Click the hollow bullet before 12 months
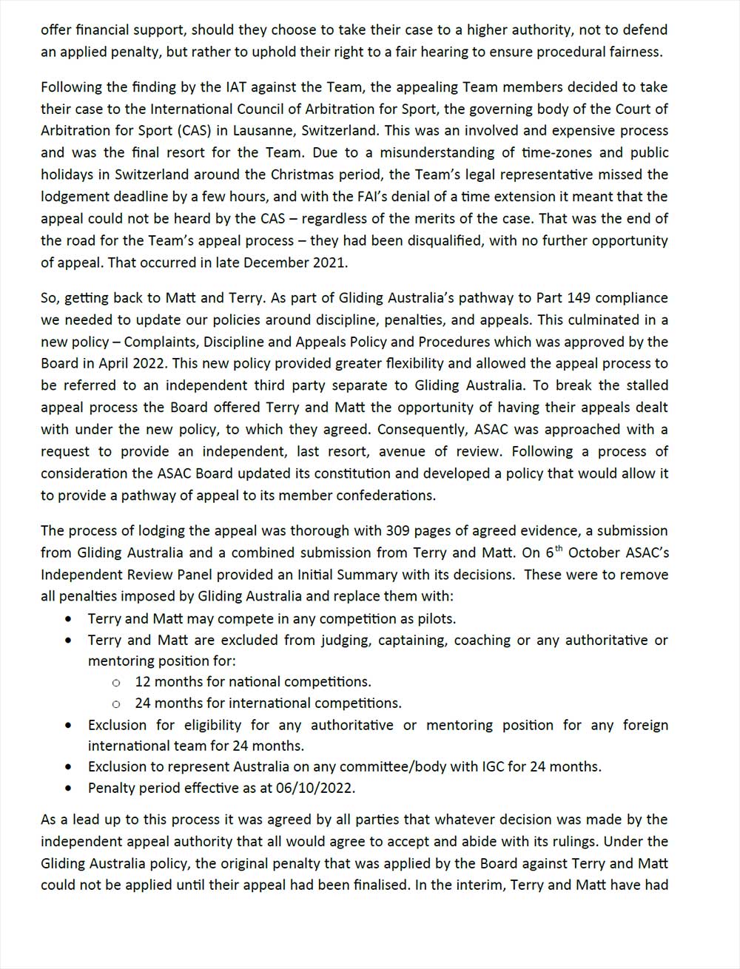115,683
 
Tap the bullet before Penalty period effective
70,789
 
